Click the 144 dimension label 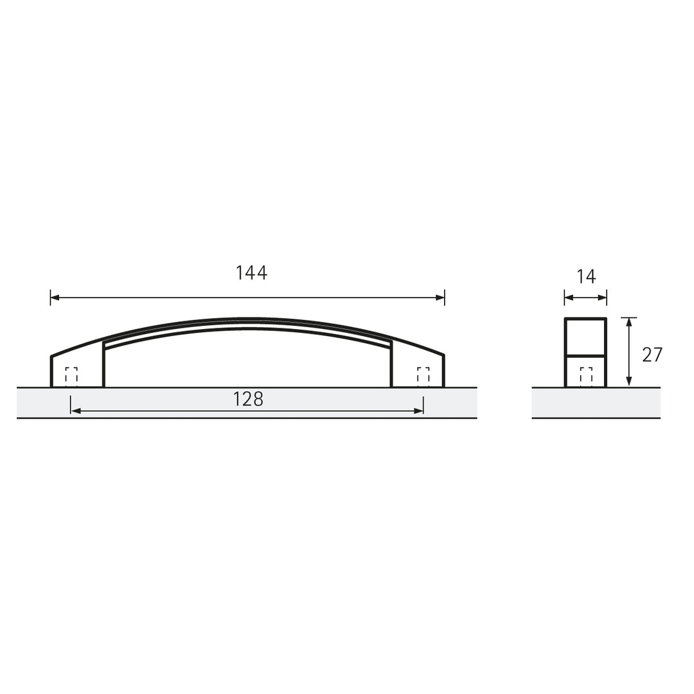click(x=251, y=272)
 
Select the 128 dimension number click(x=248, y=399)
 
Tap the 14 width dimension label click(x=586, y=276)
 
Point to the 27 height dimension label click(x=652, y=355)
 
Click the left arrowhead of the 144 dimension click(x=55, y=298)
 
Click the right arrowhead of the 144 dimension click(x=440, y=298)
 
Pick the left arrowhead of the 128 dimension click(x=75, y=411)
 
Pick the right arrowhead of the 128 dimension click(x=419, y=411)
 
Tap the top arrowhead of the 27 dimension click(x=628, y=323)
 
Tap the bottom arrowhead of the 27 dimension click(x=628, y=382)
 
